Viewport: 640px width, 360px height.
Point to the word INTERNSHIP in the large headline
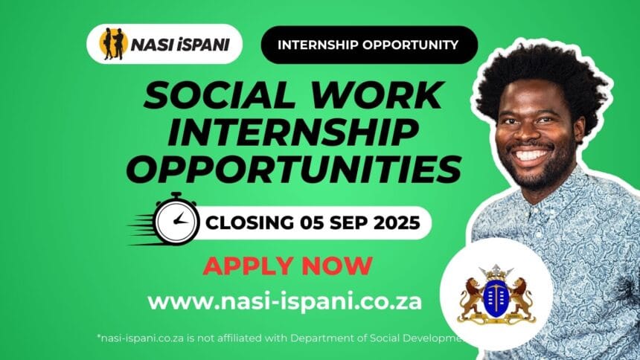click(x=287, y=133)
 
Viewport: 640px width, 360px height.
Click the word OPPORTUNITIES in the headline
click(x=292, y=170)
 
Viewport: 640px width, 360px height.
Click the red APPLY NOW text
click(x=287, y=265)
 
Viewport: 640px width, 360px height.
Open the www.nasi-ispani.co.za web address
click(x=285, y=301)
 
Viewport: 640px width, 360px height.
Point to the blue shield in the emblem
click(x=495, y=297)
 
